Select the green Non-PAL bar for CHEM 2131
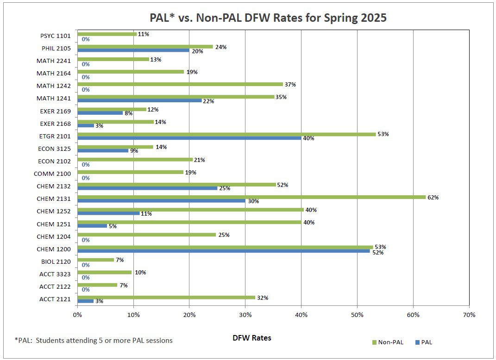click(x=251, y=197)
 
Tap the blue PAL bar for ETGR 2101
click(x=189, y=138)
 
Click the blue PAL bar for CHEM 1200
click(x=223, y=251)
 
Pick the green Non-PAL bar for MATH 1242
click(x=180, y=84)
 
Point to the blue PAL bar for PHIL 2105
click(x=133, y=50)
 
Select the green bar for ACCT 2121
click(x=166, y=298)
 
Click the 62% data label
click(x=433, y=197)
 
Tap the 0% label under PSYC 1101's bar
click(x=85, y=39)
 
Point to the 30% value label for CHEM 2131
click(x=253, y=201)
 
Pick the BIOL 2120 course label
click(x=56, y=261)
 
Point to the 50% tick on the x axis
click(x=357, y=315)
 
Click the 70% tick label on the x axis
click(x=469, y=315)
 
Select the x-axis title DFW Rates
click(x=251, y=338)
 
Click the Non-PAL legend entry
click(x=388, y=342)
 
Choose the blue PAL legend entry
click(x=423, y=342)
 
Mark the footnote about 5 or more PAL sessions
click(x=94, y=341)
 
